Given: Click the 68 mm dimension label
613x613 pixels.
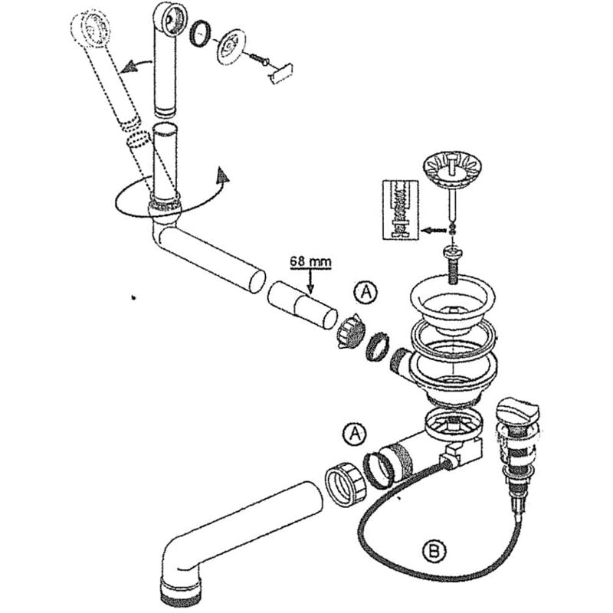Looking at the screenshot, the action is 310,261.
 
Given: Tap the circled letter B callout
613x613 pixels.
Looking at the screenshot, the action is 434,551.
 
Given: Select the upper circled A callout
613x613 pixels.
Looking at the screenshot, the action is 366,292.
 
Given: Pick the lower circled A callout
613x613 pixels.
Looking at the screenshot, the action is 355,434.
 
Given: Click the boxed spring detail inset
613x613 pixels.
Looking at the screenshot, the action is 400,210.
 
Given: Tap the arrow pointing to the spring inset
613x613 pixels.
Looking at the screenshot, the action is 434,231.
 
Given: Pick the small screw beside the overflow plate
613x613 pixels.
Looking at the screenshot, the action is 259,59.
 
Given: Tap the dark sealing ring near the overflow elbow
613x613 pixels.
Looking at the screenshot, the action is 200,33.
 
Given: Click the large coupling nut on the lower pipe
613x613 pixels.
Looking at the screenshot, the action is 346,485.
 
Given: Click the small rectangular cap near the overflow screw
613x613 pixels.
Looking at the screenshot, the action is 281,73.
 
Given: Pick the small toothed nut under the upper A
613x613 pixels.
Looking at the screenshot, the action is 350,331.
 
